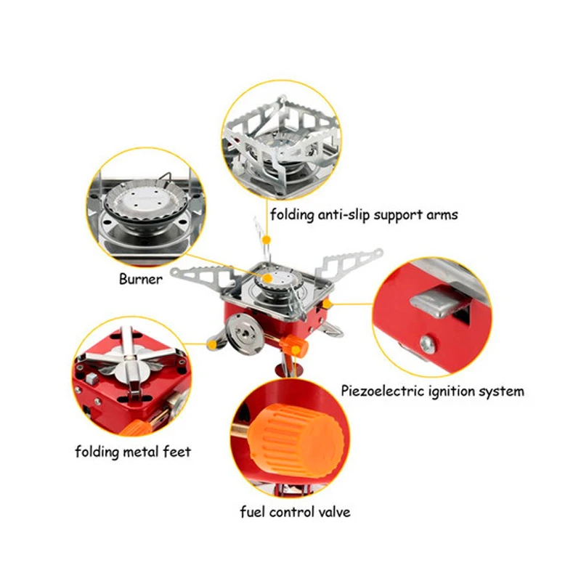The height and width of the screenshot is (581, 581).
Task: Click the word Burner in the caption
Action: tap(141, 280)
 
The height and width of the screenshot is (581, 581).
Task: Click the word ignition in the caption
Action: tap(449, 391)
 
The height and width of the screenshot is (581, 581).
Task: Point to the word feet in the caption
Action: tap(177, 452)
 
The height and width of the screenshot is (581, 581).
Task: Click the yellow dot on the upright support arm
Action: tap(267, 238)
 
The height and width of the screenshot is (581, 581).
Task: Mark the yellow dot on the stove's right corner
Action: tap(328, 302)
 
